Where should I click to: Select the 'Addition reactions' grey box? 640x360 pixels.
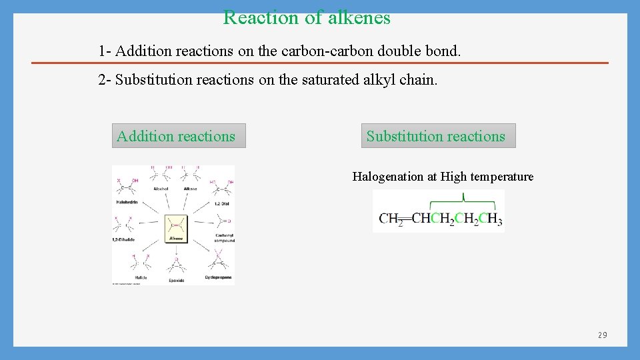click(176, 136)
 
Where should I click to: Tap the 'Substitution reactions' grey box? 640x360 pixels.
click(436, 136)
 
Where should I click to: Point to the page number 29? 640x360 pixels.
click(602, 335)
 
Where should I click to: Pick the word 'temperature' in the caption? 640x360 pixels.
click(503, 177)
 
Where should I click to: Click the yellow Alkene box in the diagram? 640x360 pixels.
click(177, 229)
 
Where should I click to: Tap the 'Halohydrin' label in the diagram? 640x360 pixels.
click(129, 201)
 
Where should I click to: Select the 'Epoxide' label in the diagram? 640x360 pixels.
click(176, 281)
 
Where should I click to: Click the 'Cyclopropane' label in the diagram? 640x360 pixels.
click(218, 277)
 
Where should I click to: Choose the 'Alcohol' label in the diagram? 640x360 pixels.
click(161, 189)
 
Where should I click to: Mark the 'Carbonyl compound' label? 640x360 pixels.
click(225, 238)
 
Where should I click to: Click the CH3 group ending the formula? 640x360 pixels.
click(491, 219)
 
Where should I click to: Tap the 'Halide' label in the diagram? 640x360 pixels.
click(141, 277)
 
